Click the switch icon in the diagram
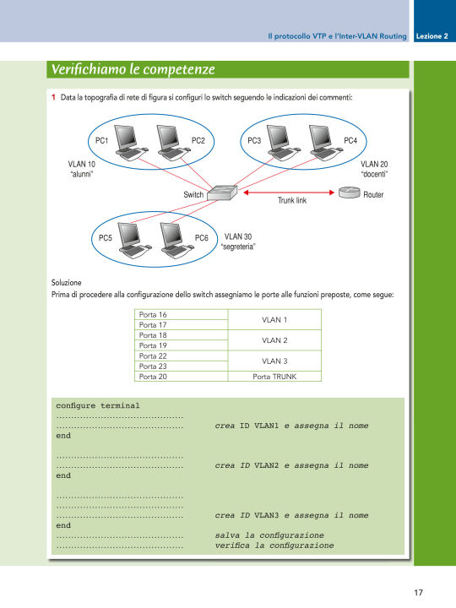pyautogui.click(x=222, y=193)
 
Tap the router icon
pyautogui.click(x=350, y=192)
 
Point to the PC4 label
pyautogui.click(x=350, y=140)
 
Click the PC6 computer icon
pyautogui.click(x=176, y=241)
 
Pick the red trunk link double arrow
pyautogui.click(x=289, y=193)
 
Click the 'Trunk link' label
pyautogui.click(x=292, y=200)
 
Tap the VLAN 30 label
pyautogui.click(x=238, y=236)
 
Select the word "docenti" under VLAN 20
pyautogui.click(x=374, y=174)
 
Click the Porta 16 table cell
pyautogui.click(x=181, y=314)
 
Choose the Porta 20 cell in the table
pyautogui.click(x=181, y=376)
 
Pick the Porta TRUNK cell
pyautogui.click(x=274, y=376)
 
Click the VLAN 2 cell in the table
pyautogui.click(x=274, y=340)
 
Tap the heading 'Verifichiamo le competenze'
pyautogui.click(x=133, y=69)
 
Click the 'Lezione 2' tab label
pyautogui.click(x=432, y=36)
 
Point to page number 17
pyautogui.click(x=418, y=592)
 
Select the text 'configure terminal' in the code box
pyautogui.click(x=98, y=405)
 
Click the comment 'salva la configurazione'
pyautogui.click(x=269, y=535)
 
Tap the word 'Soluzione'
pyautogui.click(x=67, y=282)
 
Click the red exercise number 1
pyautogui.click(x=53, y=97)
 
